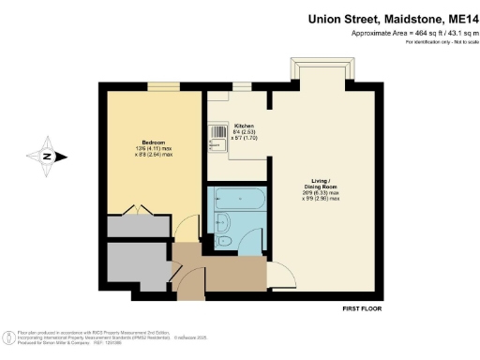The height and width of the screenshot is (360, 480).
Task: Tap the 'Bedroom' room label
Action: [153, 141]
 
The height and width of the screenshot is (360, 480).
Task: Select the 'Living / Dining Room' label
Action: [320, 184]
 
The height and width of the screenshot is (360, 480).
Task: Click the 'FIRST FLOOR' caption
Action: [360, 308]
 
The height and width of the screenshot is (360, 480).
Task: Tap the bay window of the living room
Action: [324, 73]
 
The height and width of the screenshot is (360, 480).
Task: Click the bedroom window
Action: [163, 87]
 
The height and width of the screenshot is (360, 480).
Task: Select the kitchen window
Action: [242, 87]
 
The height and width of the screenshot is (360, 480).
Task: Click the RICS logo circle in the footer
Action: [9, 336]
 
